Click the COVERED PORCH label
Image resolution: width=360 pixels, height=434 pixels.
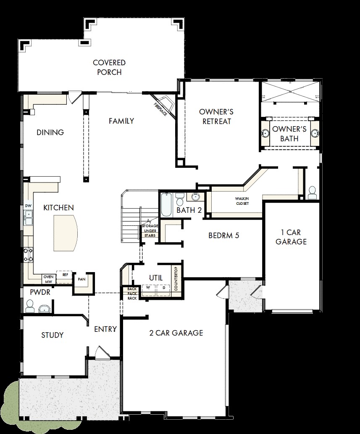pos(109,67)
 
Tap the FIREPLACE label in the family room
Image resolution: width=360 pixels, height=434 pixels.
pos(160,109)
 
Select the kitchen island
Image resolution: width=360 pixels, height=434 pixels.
pos(66,233)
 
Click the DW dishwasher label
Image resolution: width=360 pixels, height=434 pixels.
pos(28,206)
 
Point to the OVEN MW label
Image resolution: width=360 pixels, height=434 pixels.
pos(49,279)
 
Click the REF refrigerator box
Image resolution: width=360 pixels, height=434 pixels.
pos(64,277)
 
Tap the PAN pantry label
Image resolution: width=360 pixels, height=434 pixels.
pos(81,279)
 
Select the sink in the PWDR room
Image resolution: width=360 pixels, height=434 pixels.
pos(44,309)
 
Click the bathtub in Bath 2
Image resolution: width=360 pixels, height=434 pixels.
pos(167,205)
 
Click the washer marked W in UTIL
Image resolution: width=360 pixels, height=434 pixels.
pos(148,289)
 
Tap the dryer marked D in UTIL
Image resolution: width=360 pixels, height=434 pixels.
pos(164,289)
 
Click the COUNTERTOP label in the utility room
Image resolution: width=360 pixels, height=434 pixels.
pos(176,279)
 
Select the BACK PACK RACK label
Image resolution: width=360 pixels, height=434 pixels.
pos(132,294)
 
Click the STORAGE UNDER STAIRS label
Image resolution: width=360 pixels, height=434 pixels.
pos(150,231)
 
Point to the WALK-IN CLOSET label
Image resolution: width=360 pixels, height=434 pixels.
pos(242,201)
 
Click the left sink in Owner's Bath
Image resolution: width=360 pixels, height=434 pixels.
pos(265,134)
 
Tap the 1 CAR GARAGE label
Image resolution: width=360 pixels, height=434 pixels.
pos(291,237)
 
